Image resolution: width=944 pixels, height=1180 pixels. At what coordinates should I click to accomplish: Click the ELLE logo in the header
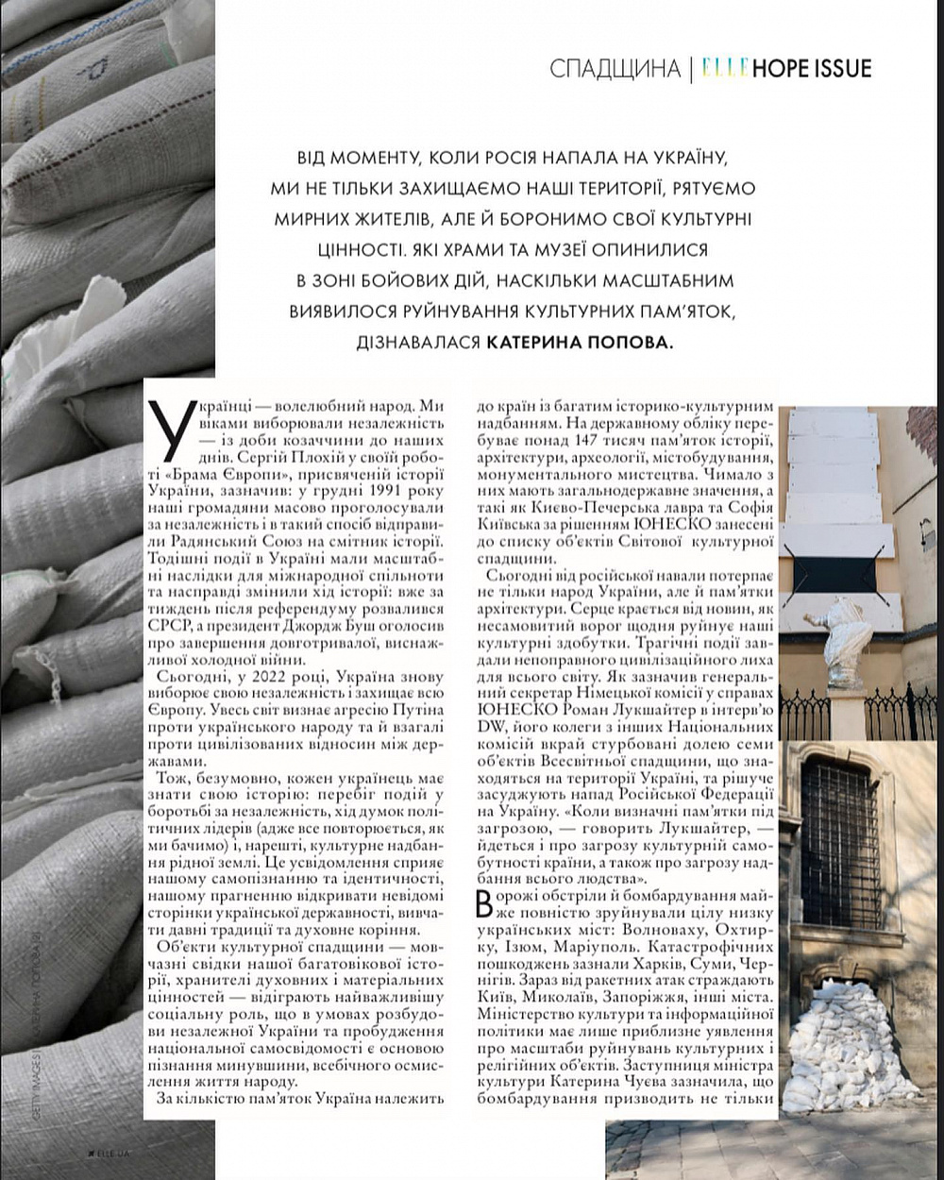[x=725, y=68]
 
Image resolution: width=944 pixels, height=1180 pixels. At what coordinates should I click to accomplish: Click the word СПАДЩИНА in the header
[x=615, y=69]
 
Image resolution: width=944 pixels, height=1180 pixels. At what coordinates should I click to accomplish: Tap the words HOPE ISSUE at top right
[x=813, y=68]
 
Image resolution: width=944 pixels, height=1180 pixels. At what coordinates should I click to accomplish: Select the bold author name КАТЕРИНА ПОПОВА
[x=582, y=342]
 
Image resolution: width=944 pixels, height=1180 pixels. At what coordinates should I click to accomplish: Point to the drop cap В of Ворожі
[x=485, y=903]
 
